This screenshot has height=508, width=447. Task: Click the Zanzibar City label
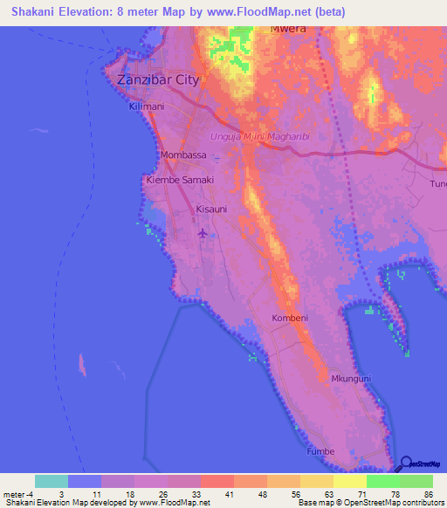(x=158, y=79)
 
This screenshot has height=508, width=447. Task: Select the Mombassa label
(x=183, y=155)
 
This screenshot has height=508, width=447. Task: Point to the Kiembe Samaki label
(x=179, y=180)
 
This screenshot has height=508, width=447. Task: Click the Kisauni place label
(x=213, y=209)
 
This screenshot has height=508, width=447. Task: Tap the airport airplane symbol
(x=203, y=232)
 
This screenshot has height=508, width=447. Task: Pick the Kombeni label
(x=290, y=318)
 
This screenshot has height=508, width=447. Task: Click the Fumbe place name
(x=320, y=451)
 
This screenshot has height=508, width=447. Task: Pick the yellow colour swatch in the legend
(x=349, y=481)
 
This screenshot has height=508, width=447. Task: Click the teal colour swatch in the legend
(x=52, y=481)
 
